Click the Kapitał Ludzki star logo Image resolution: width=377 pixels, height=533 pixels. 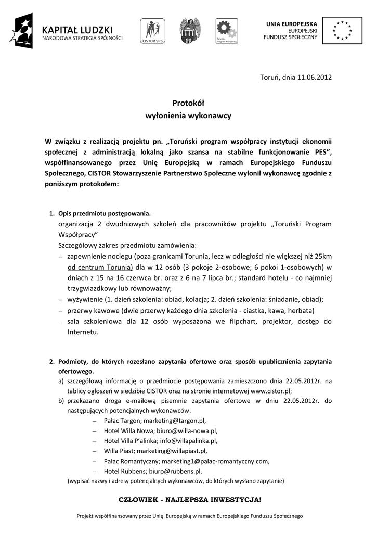[x=21, y=31]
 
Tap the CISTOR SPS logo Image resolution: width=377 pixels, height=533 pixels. [x=152, y=31]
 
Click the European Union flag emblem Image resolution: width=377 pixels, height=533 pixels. [x=342, y=30]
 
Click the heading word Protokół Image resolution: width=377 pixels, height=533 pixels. [x=188, y=104]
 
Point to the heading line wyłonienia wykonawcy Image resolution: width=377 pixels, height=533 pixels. [x=188, y=116]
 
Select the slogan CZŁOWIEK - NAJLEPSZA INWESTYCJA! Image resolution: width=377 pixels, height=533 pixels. [x=190, y=500]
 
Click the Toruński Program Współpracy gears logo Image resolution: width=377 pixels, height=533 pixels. [x=227, y=31]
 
